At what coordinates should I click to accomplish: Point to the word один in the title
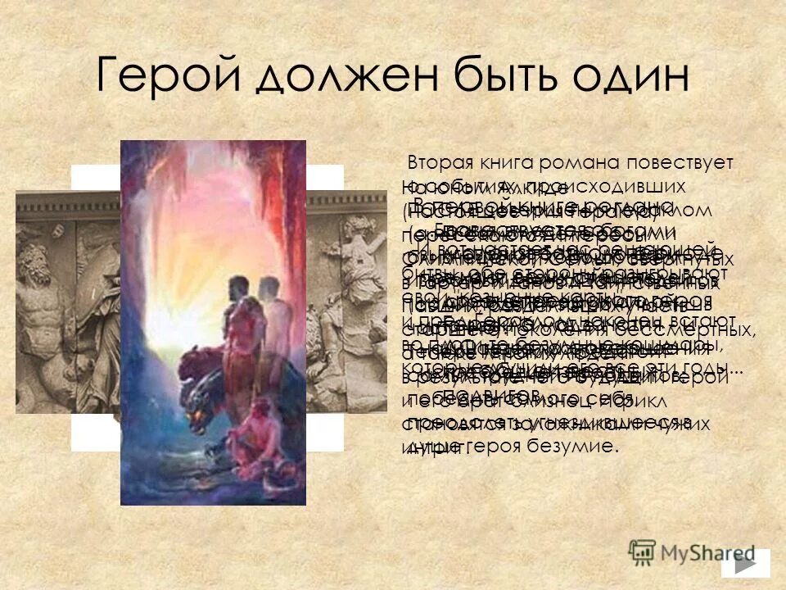pos(630,76)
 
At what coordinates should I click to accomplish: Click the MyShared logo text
pos(695,553)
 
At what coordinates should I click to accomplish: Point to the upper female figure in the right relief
pos(360,238)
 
